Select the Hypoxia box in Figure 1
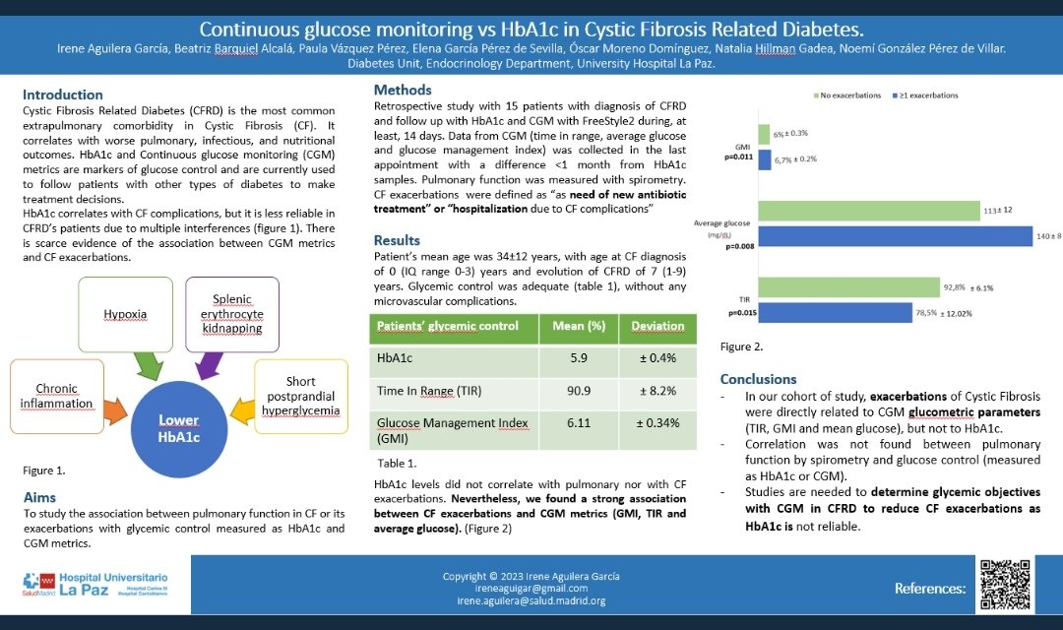(125, 314)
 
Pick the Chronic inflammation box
(56, 396)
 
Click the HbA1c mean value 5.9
(580, 359)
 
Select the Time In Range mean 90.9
(580, 391)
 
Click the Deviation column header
(657, 327)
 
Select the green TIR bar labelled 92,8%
(848, 287)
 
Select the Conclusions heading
(758, 379)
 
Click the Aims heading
(39, 498)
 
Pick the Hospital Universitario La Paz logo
(95, 585)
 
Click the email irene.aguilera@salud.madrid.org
(531, 600)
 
